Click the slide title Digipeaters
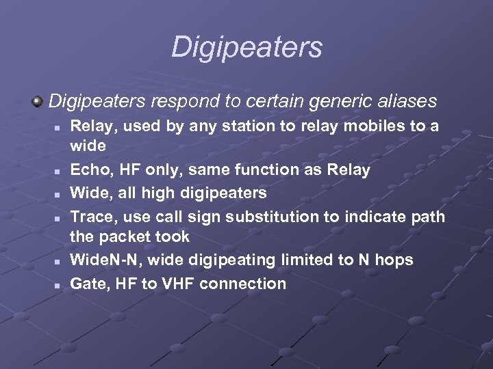click(246, 47)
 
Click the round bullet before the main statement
click(38, 102)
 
